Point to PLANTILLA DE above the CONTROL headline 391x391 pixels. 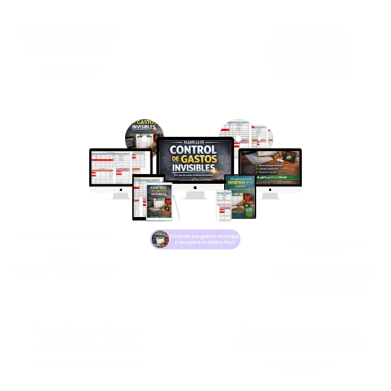[195, 142]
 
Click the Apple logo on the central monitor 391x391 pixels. [195, 188]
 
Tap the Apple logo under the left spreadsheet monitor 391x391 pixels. [121, 190]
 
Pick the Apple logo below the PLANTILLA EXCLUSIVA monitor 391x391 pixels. [269, 190]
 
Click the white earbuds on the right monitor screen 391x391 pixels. [281, 160]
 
